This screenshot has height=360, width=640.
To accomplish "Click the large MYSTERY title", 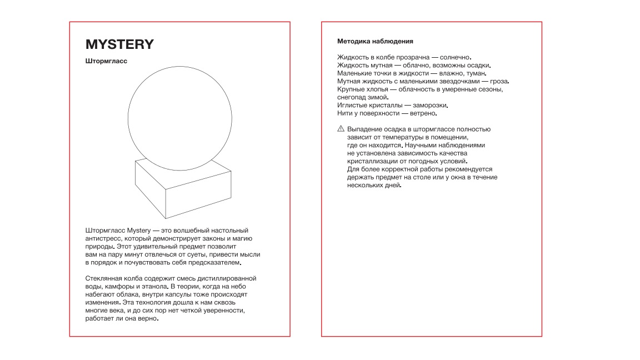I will point(119,44).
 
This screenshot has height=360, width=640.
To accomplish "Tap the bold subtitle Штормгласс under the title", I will point(106,61).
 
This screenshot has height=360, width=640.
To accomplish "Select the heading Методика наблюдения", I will point(375,41).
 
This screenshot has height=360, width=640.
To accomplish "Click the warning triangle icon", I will point(341,129).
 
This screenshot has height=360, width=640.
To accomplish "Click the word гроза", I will point(498,81).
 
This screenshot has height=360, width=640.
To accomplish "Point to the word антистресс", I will point(103,238).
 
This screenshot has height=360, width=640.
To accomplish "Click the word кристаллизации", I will point(371,161).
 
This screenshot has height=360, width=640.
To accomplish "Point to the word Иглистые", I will point(351,105).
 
